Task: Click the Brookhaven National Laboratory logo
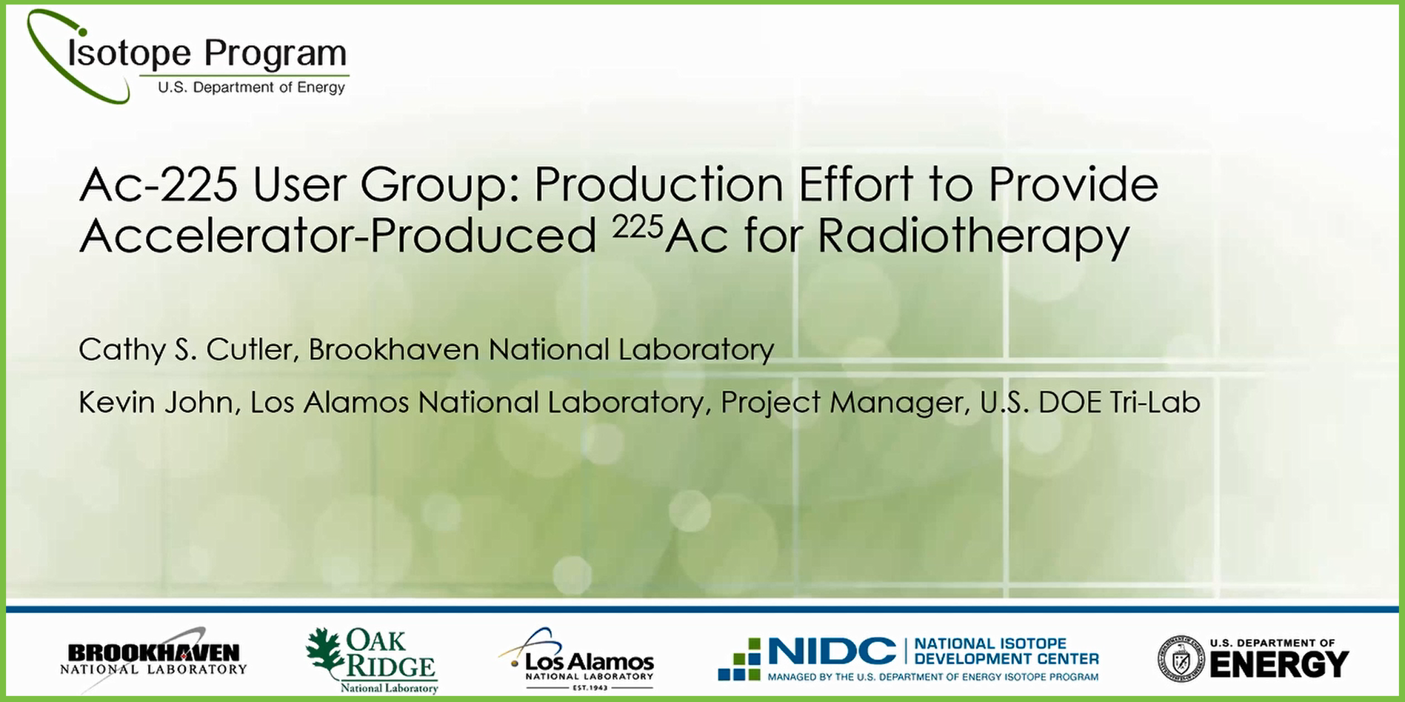click(x=153, y=658)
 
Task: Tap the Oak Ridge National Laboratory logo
click(x=372, y=661)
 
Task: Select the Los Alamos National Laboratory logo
click(x=578, y=659)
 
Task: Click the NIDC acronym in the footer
click(x=832, y=652)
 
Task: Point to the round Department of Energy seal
click(x=1181, y=658)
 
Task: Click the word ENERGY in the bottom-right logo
click(x=1279, y=664)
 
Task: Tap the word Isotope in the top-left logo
click(x=130, y=53)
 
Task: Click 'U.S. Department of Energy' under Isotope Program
click(x=251, y=87)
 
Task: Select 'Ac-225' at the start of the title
click(x=158, y=184)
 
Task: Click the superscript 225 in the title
click(x=637, y=227)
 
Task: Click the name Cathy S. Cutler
click(x=186, y=350)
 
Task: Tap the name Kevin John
click(x=156, y=402)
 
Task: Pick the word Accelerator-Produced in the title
click(x=338, y=236)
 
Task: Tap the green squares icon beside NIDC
click(x=739, y=659)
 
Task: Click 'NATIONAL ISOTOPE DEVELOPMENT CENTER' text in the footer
click(x=1006, y=652)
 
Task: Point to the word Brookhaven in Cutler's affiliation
click(x=394, y=350)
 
